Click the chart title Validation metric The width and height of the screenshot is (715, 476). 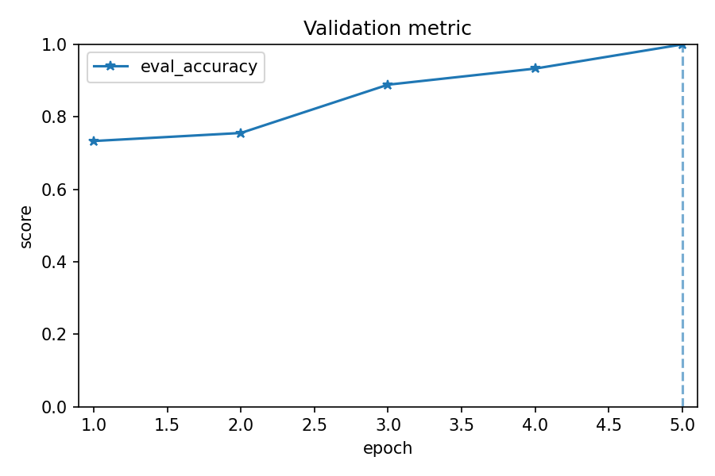387,29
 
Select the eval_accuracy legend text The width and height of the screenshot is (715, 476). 199,67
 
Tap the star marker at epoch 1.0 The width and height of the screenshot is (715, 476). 94,141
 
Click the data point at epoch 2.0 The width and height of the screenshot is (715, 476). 241,133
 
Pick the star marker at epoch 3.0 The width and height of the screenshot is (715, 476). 388,85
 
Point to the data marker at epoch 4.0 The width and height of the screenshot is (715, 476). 535,68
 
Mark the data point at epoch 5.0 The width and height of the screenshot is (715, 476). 682,44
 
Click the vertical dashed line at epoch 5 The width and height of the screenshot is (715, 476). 682,238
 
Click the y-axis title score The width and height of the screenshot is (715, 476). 26,226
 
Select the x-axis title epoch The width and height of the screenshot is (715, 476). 388,448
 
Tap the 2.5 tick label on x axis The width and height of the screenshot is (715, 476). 315,424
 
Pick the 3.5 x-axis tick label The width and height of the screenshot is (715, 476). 462,424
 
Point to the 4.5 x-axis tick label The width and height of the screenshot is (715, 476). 609,424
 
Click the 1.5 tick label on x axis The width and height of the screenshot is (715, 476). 168,424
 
